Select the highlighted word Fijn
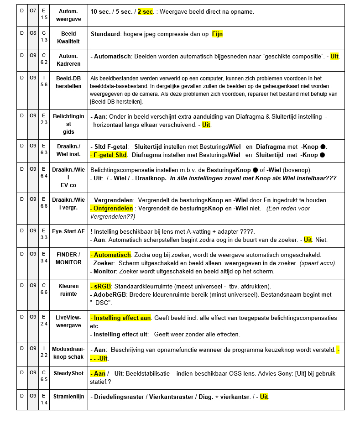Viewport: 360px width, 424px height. pyautogui.click(x=217, y=34)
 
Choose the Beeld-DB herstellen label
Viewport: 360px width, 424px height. pyautogui.click(x=68, y=82)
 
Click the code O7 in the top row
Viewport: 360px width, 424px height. pyautogui.click(x=33, y=10)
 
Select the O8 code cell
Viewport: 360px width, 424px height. pyautogui.click(x=33, y=33)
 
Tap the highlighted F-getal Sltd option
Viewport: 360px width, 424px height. pyautogui.click(x=109, y=155)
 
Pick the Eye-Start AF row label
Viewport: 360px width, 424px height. pyautogui.click(x=68, y=231)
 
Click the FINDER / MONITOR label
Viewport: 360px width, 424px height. pyautogui.click(x=68, y=258)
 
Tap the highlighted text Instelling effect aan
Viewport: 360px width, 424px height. pyautogui.click(x=120, y=318)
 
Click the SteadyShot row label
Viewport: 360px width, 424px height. pyautogui.click(x=68, y=373)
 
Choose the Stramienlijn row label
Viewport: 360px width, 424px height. pyautogui.click(x=68, y=397)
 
